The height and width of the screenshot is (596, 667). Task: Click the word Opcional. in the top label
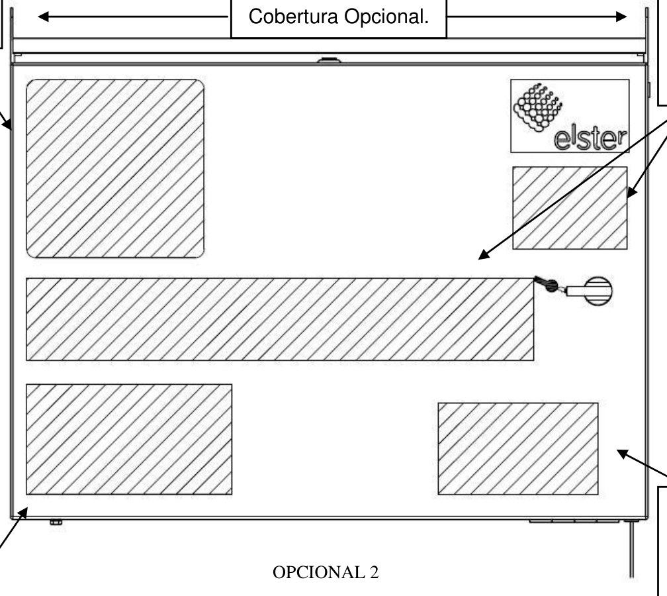point(386,17)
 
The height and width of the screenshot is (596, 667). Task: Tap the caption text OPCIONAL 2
point(326,572)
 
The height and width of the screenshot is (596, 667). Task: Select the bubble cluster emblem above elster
point(538,107)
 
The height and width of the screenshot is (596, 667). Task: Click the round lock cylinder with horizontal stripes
point(598,291)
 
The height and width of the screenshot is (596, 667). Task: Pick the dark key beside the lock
point(546,284)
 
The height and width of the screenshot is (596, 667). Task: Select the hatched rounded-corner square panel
point(115,169)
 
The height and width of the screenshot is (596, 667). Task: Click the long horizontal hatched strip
point(280,319)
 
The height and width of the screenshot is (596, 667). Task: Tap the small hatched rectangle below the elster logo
point(570,208)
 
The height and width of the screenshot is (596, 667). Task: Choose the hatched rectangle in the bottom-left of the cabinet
point(129,439)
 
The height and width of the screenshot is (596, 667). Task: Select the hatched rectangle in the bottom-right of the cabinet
point(518,449)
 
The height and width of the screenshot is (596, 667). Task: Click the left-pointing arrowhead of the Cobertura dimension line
point(44,17)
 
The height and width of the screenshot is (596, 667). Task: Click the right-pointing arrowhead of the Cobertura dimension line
point(621,17)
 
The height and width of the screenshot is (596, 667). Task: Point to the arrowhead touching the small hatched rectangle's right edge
point(633,191)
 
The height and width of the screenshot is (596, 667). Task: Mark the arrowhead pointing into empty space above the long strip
point(484,255)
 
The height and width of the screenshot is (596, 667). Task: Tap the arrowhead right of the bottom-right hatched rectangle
point(623,454)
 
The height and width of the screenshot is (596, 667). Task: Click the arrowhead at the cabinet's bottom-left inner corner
point(22,513)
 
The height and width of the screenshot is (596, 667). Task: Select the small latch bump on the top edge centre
point(329,60)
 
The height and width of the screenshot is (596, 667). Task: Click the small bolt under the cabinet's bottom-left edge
point(56,522)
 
